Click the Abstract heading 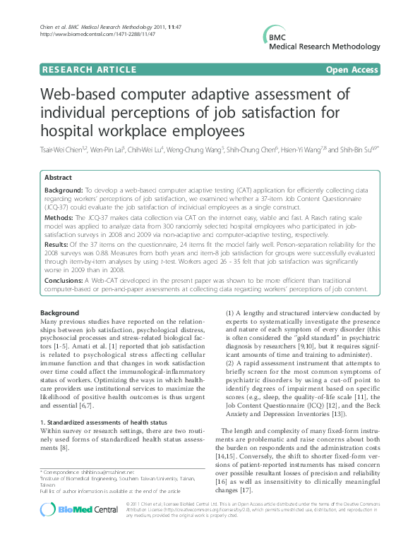coord(59,178)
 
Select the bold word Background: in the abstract coord(64,191)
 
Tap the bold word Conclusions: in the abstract coord(66,280)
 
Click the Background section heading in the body coord(60,312)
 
